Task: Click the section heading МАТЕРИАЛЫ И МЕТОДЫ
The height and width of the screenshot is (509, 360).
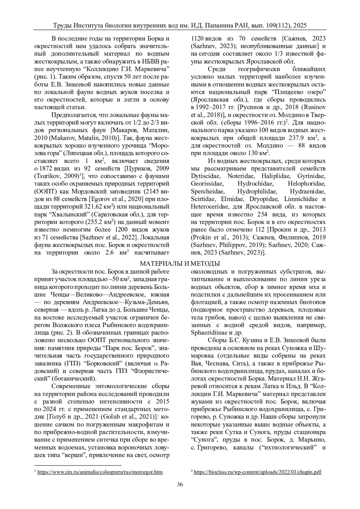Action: pyautogui.click(x=180, y=264)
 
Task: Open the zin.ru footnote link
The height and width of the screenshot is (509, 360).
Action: pyautogui.click(x=100, y=472)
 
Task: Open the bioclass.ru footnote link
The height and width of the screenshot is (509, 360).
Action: pyautogui.click(x=257, y=472)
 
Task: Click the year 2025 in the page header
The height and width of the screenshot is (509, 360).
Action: pyautogui.click(x=300, y=26)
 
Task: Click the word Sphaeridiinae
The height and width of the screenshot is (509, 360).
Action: pyautogui.click(x=209, y=333)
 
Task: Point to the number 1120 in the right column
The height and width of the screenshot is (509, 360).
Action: pyautogui.click(x=198, y=39)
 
